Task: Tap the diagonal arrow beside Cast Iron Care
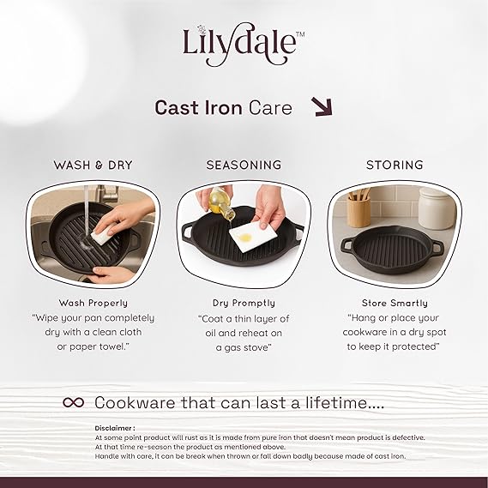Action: click(322, 107)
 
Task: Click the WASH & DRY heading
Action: click(93, 165)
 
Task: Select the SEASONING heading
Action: click(244, 165)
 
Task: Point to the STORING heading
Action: click(395, 165)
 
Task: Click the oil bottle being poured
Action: click(221, 202)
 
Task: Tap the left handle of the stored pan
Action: click(347, 244)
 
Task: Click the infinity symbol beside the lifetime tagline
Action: click(74, 403)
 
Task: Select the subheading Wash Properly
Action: click(93, 303)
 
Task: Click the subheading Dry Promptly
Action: click(244, 303)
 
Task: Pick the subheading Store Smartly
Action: click(395, 303)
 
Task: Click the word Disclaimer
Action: click(113, 428)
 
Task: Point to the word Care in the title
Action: click(270, 108)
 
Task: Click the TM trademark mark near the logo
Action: click(300, 34)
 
